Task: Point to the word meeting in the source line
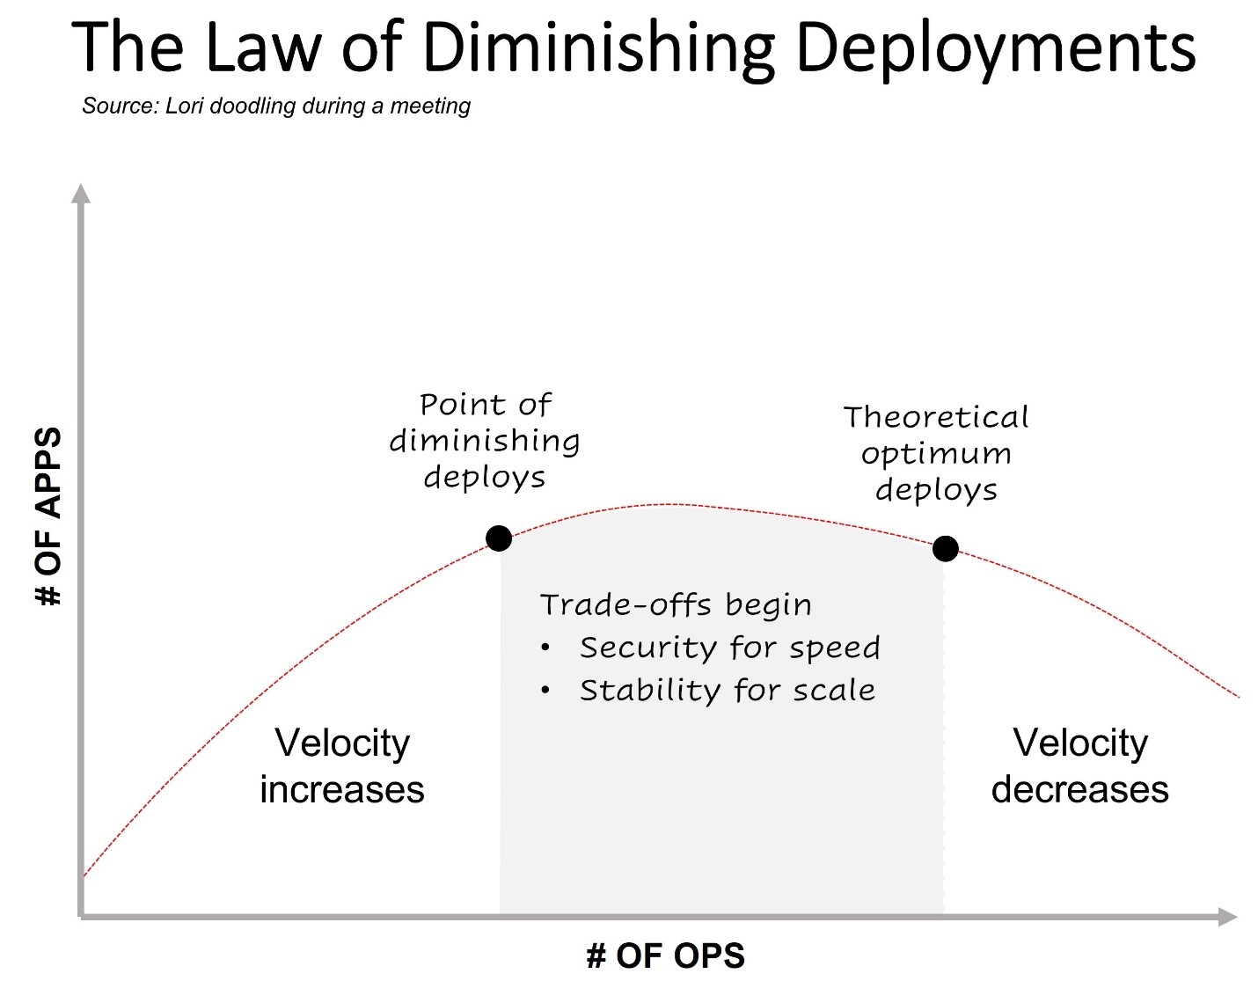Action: click(x=430, y=106)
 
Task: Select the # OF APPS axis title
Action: click(x=48, y=516)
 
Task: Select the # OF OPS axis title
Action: click(x=666, y=955)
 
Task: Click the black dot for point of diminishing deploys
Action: click(x=499, y=538)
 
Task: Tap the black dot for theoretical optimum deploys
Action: click(x=945, y=549)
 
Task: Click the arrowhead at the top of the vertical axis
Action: click(x=81, y=194)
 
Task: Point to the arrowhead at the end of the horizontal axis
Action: click(x=1228, y=917)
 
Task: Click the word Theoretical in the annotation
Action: click(x=936, y=417)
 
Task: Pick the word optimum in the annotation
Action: click(x=936, y=454)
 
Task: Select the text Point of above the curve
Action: click(x=485, y=405)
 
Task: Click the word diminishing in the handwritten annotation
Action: click(x=485, y=440)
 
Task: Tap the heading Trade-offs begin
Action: click(x=676, y=605)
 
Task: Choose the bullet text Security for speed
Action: click(x=729, y=648)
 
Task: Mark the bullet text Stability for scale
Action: click(x=728, y=691)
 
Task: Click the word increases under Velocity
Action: click(x=342, y=790)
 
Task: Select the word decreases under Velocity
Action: click(x=1080, y=790)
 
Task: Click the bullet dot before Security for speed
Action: click(x=545, y=648)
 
